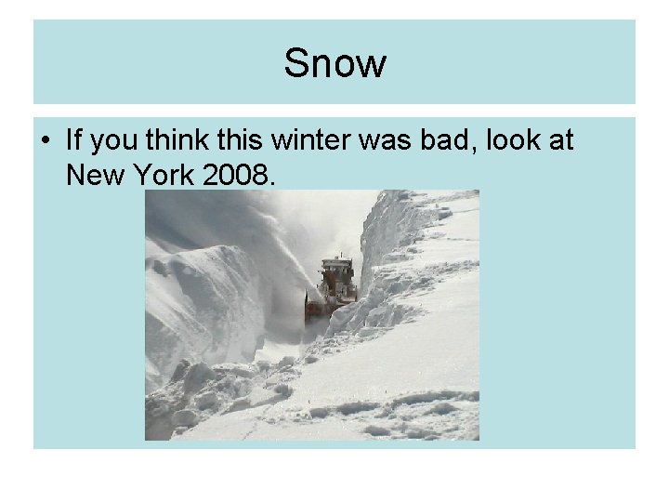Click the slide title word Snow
point(334,64)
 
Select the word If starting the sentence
point(74,141)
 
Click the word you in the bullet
point(115,142)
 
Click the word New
point(92,173)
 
